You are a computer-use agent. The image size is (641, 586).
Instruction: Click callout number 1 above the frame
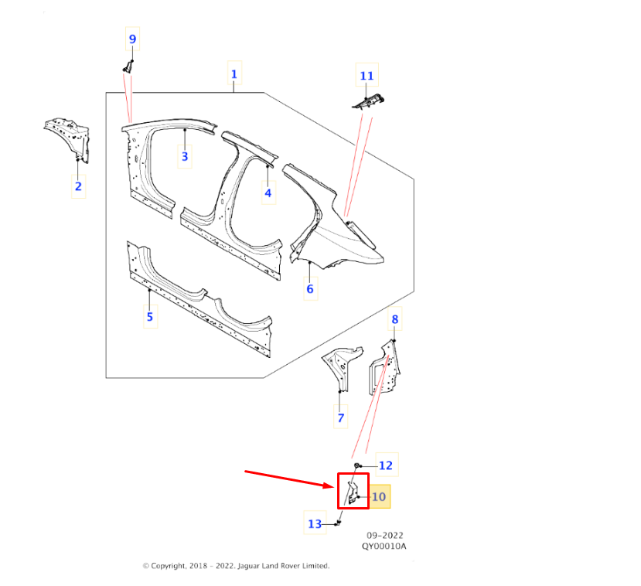[234, 74]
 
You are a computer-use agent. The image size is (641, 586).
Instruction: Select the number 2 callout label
[79, 186]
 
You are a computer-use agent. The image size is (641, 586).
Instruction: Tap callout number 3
[185, 156]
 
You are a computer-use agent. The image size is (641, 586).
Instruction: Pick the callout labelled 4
[268, 192]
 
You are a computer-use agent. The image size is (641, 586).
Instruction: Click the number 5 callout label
[150, 317]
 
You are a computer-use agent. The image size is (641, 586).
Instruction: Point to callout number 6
[310, 289]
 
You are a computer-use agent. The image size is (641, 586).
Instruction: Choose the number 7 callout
[341, 417]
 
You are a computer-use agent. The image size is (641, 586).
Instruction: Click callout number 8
[395, 319]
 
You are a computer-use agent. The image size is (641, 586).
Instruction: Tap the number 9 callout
[132, 39]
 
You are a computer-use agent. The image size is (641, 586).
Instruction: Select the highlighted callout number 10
[380, 496]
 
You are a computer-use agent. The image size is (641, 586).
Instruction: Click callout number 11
[367, 76]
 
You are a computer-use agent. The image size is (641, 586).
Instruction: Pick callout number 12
[387, 465]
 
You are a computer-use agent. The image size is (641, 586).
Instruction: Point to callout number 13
[315, 524]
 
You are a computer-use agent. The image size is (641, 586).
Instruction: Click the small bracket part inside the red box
[353, 492]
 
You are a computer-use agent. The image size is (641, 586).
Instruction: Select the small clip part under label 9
[128, 66]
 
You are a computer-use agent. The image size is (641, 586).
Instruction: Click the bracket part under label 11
[368, 101]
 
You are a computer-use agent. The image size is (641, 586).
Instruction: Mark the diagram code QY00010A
[384, 547]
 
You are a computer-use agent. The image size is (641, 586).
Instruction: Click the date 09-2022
[385, 535]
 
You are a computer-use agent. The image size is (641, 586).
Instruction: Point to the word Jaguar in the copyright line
[248, 566]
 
